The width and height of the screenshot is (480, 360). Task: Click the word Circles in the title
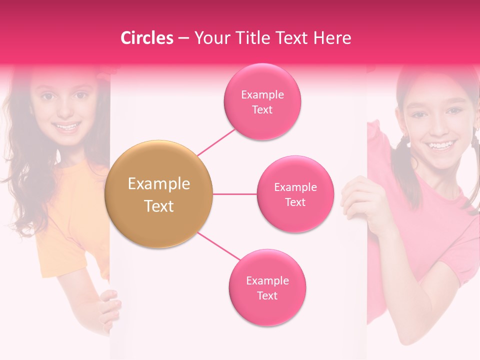click(x=147, y=38)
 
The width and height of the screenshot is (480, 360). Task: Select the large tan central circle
click(x=158, y=194)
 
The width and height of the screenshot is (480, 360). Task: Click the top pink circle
click(x=262, y=101)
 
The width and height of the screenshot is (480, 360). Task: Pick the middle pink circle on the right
click(x=295, y=194)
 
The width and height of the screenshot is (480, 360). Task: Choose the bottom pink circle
click(x=267, y=287)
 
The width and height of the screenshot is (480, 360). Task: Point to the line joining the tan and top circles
click(x=216, y=142)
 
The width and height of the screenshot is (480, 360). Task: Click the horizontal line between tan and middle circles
click(x=234, y=194)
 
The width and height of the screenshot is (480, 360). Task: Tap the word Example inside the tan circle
click(x=158, y=184)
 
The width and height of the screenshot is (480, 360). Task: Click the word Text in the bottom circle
click(x=267, y=295)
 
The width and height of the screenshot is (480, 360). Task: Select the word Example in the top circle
click(x=262, y=94)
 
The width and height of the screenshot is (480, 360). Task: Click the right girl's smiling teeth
click(x=440, y=146)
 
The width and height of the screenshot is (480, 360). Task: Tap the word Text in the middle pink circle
click(x=295, y=202)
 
